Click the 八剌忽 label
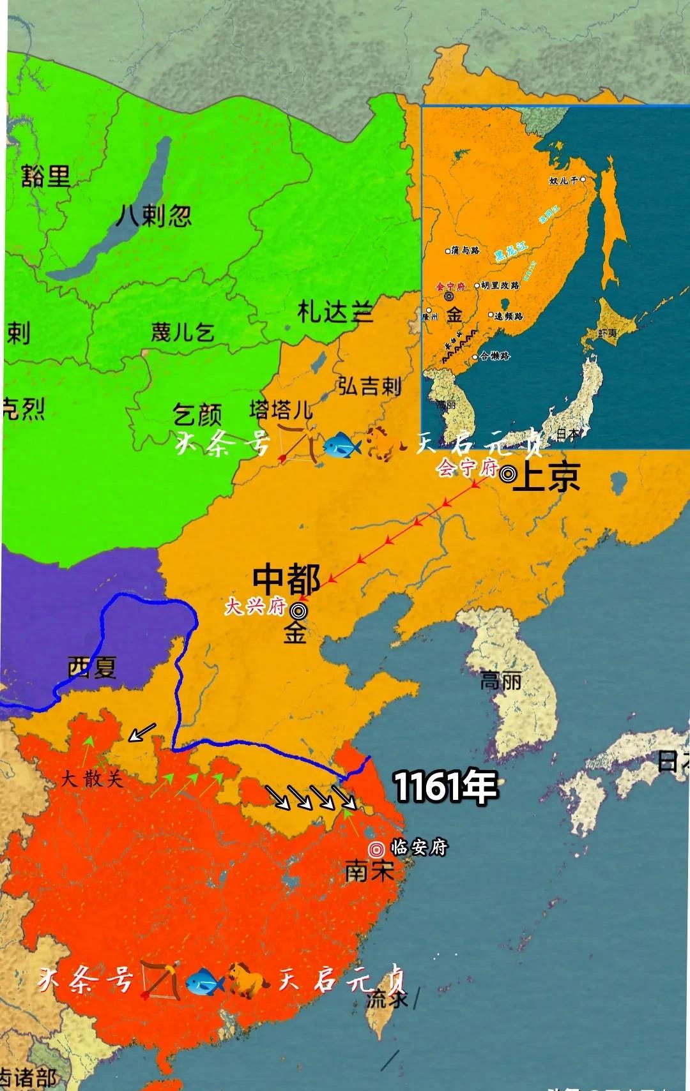154,216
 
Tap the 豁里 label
45,175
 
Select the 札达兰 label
334,312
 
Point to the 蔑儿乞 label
182,332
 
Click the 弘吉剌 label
369,386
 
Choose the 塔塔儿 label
281,409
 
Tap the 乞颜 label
197,416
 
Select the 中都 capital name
286,579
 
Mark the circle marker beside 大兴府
297,610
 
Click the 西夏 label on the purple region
92,668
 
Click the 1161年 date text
445,786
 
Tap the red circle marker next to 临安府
376,849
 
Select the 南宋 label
369,871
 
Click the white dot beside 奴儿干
583,180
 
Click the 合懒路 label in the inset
494,356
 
